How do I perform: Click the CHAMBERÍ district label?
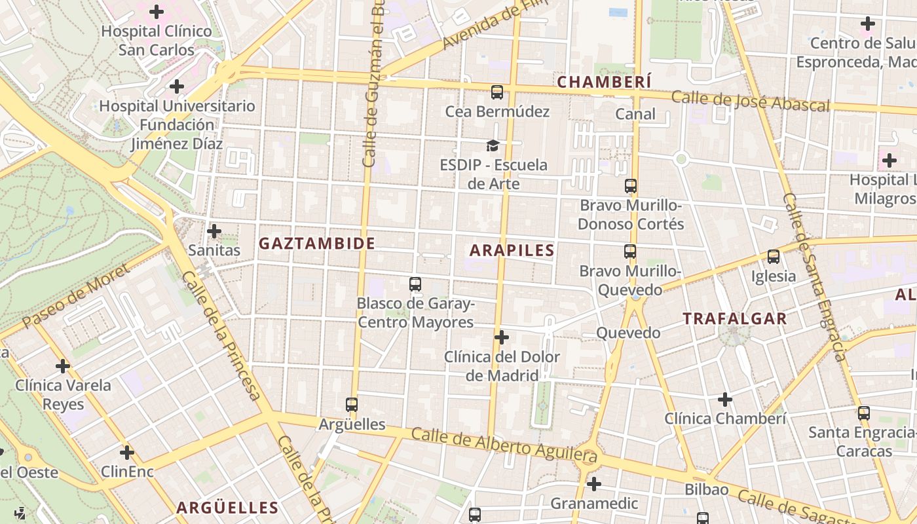pyautogui.click(x=604, y=82)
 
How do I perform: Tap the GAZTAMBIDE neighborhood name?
pyautogui.click(x=317, y=244)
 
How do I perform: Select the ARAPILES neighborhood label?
pyautogui.click(x=512, y=250)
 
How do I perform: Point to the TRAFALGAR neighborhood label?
pyautogui.click(x=735, y=319)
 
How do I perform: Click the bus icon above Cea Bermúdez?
pyautogui.click(x=497, y=92)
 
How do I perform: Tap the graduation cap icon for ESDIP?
pyautogui.click(x=492, y=145)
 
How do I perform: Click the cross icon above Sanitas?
pyautogui.click(x=214, y=231)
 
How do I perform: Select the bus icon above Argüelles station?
pyautogui.click(x=352, y=405)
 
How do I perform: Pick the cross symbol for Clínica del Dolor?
pyautogui.click(x=502, y=338)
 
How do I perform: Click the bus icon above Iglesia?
pyautogui.click(x=774, y=257)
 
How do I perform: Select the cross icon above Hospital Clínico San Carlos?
pyautogui.click(x=157, y=12)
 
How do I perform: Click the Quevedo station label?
pyautogui.click(x=628, y=333)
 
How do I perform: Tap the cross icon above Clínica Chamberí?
pyautogui.click(x=725, y=400)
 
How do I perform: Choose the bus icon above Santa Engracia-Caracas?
pyautogui.click(x=864, y=413)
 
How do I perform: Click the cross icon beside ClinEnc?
pyautogui.click(x=127, y=453)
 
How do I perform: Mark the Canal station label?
pyautogui.click(x=635, y=114)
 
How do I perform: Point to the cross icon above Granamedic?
pyautogui.click(x=594, y=485)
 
